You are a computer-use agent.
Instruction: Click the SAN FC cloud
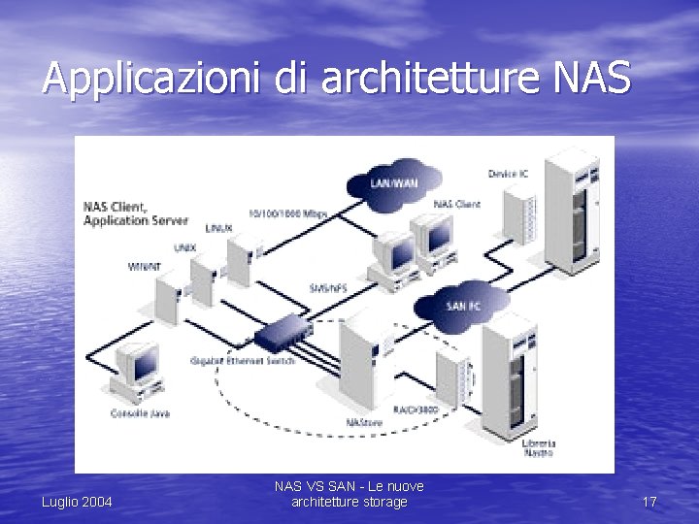[463, 306]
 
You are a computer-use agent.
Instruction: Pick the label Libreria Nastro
[538, 447]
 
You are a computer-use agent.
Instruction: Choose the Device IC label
[508, 174]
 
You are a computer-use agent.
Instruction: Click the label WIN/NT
[145, 266]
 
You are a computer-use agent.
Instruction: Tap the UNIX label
[184, 247]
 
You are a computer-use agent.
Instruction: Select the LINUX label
[218, 228]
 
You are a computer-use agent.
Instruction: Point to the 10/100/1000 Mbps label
[287, 213]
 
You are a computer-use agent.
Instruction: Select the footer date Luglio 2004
[77, 502]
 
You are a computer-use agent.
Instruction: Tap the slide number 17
[649, 502]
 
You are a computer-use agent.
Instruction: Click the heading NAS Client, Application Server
[135, 213]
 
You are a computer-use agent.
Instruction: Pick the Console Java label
[140, 412]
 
